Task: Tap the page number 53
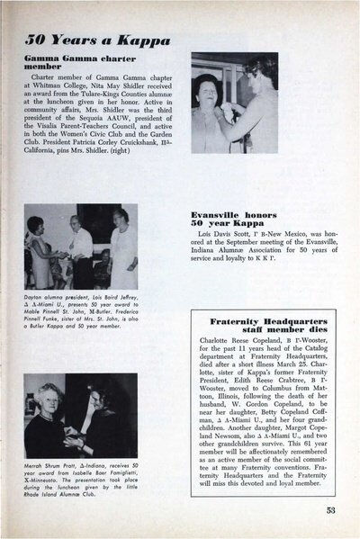pyautogui.click(x=331, y=510)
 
